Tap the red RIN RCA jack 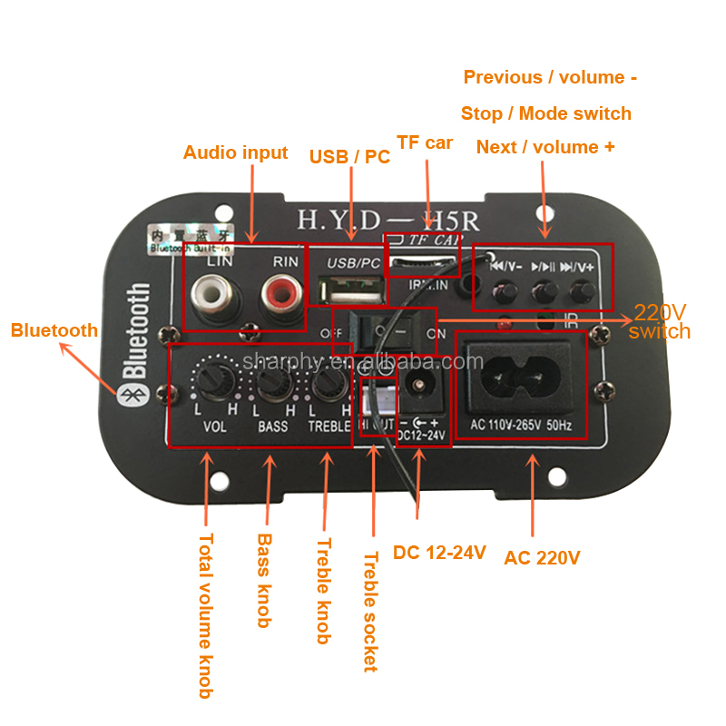(x=279, y=293)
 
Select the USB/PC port (x=353, y=295)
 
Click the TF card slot (x=423, y=264)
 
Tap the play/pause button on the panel (x=544, y=290)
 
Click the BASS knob (x=271, y=386)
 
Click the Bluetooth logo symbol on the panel (x=129, y=391)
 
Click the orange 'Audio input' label (x=235, y=152)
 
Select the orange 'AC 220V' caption (x=542, y=557)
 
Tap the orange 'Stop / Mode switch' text (x=545, y=113)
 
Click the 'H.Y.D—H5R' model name (x=388, y=220)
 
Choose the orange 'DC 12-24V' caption (x=439, y=552)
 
